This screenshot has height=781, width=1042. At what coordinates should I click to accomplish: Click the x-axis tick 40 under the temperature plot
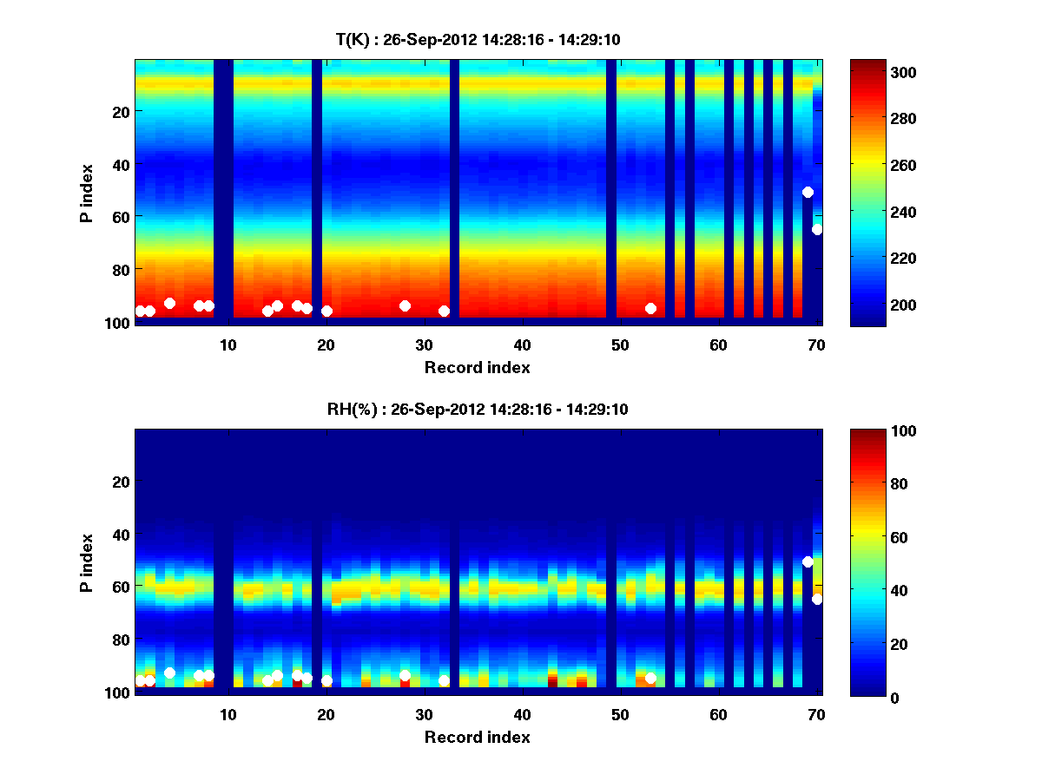(x=523, y=345)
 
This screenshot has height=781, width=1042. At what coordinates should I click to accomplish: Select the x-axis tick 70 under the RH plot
(x=816, y=714)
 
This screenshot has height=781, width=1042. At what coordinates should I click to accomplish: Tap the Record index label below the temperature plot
(x=478, y=367)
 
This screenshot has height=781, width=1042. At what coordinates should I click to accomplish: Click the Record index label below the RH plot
(x=478, y=737)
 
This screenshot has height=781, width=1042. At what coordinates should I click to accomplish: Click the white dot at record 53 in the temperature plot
(x=650, y=308)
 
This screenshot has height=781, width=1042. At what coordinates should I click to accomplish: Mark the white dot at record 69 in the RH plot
(x=808, y=561)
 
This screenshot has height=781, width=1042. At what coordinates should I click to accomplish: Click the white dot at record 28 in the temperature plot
(x=405, y=305)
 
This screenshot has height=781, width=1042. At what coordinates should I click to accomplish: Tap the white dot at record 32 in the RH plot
(x=444, y=680)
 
